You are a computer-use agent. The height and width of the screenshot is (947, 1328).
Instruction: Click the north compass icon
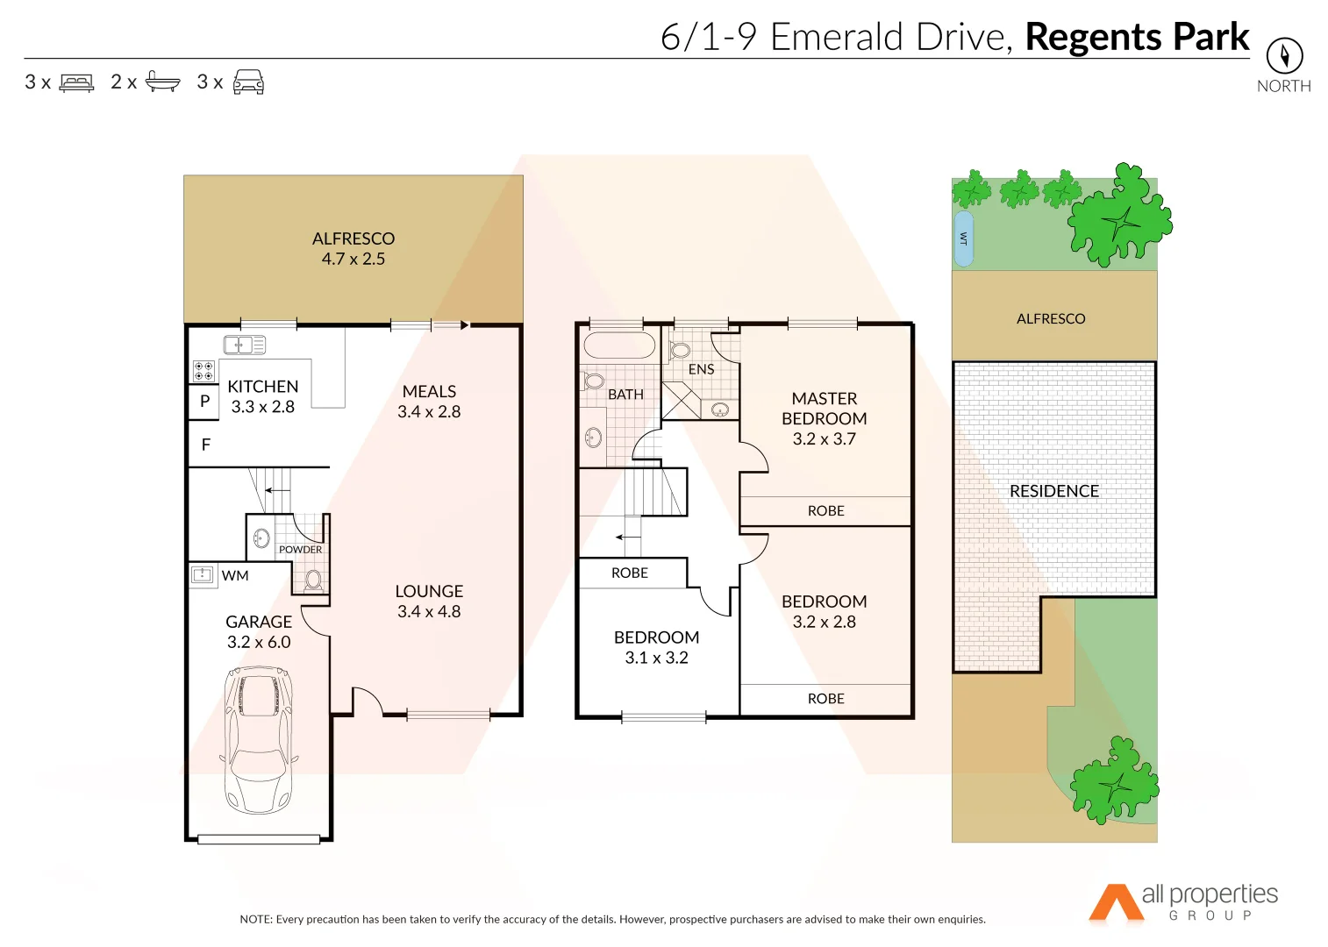(x=1284, y=56)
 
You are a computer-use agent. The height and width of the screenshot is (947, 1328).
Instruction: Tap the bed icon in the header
(x=76, y=83)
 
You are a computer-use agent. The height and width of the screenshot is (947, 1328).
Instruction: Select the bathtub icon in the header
(x=162, y=82)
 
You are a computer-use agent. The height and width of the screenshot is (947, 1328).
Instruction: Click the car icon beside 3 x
(x=248, y=82)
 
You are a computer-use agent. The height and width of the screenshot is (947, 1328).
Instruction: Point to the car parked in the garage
(x=258, y=739)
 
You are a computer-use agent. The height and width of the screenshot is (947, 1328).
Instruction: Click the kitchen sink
(x=244, y=345)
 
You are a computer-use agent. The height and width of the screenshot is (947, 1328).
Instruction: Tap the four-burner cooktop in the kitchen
(x=203, y=371)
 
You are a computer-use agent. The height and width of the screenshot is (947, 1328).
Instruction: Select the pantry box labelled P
(x=204, y=402)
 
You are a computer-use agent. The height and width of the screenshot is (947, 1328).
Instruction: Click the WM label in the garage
(x=235, y=576)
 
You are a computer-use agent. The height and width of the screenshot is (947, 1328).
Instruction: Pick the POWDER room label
(x=300, y=550)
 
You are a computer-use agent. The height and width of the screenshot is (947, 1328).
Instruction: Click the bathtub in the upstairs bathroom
(x=619, y=345)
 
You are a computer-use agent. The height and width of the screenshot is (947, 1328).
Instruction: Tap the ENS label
(x=701, y=370)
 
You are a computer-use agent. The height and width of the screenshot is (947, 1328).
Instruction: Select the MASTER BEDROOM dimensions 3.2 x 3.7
(x=824, y=439)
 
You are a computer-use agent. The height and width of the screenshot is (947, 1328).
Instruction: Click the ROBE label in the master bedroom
(x=825, y=511)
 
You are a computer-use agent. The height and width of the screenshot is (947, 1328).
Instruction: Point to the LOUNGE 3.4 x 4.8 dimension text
(x=429, y=612)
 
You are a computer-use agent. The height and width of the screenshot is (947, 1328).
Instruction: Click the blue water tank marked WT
(x=963, y=239)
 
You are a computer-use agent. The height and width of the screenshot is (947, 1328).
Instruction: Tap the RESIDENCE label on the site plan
(x=1053, y=492)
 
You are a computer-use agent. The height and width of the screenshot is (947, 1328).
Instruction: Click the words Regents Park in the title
(x=1137, y=37)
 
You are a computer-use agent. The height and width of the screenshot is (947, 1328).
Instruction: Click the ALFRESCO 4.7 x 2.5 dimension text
(x=353, y=260)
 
